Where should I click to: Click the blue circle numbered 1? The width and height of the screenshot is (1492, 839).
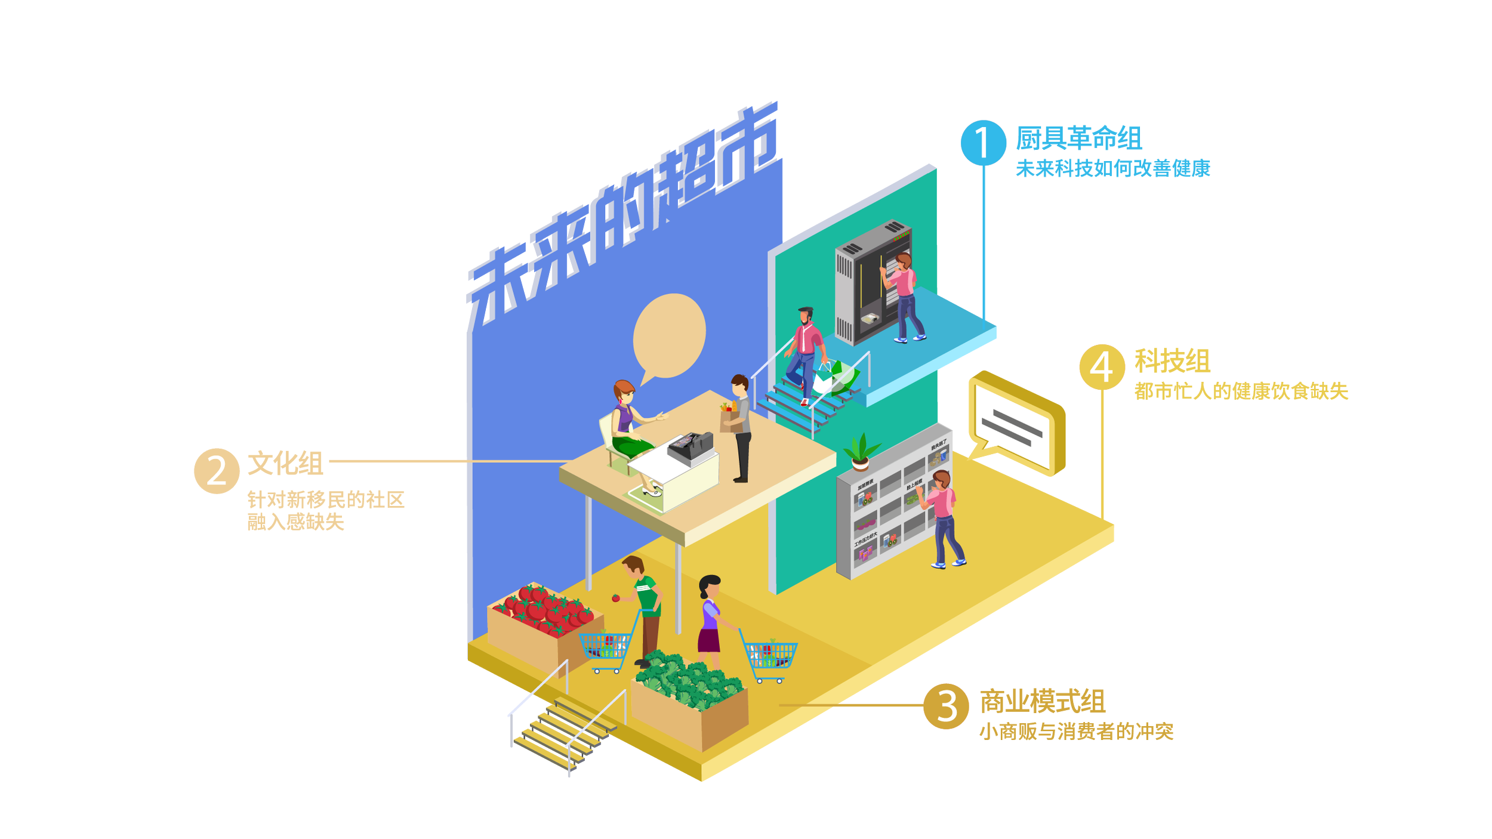[983, 143]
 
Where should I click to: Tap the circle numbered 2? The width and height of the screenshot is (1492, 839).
[217, 471]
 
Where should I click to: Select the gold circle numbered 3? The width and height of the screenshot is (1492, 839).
[946, 706]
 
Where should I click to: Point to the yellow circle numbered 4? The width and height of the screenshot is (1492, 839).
[1102, 367]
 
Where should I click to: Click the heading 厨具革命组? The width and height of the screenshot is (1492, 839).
[1078, 138]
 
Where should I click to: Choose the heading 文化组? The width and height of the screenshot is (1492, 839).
[285, 464]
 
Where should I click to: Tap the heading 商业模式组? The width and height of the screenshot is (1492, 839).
[1043, 701]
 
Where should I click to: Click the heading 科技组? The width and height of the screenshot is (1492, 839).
[1172, 361]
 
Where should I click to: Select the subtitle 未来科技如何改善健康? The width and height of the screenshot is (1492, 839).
[1112, 169]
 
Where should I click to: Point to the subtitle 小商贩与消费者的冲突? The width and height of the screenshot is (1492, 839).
[1076, 732]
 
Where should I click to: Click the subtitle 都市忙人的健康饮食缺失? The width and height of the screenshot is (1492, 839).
[1241, 391]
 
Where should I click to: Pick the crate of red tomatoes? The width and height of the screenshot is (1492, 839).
[543, 624]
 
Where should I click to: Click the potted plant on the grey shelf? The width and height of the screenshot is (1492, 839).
[860, 452]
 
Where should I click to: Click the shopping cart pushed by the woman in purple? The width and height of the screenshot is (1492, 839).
[770, 658]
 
